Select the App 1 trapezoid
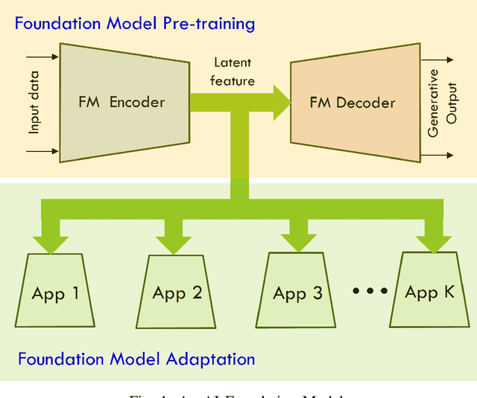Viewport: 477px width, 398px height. click(x=56, y=292)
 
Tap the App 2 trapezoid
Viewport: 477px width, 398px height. click(x=177, y=292)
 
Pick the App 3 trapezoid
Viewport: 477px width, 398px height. click(x=297, y=292)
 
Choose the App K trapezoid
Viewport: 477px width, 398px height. click(x=429, y=291)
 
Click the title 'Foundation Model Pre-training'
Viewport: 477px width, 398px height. click(x=135, y=23)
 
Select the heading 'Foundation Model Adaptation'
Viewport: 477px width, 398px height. click(x=136, y=359)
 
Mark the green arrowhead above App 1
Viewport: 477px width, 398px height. click(x=51, y=242)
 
